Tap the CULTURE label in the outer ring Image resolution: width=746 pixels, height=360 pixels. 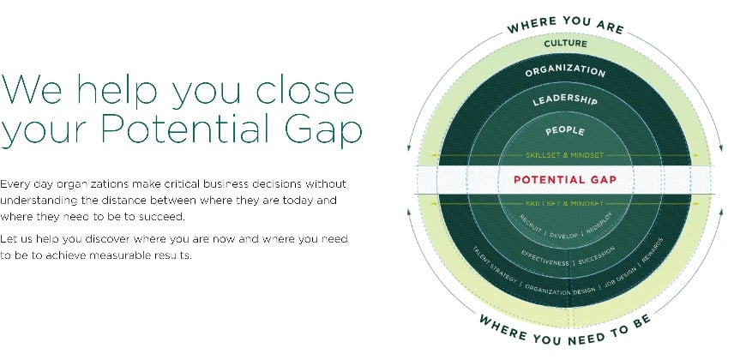click(x=566, y=42)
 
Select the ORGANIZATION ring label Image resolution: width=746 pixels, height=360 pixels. click(x=565, y=70)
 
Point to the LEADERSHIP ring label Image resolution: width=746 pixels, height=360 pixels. click(x=565, y=101)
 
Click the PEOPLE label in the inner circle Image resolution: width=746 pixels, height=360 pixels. click(x=565, y=131)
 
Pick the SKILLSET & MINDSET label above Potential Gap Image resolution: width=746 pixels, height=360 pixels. click(x=565, y=155)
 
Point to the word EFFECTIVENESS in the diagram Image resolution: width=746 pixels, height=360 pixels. click(x=546, y=259)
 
